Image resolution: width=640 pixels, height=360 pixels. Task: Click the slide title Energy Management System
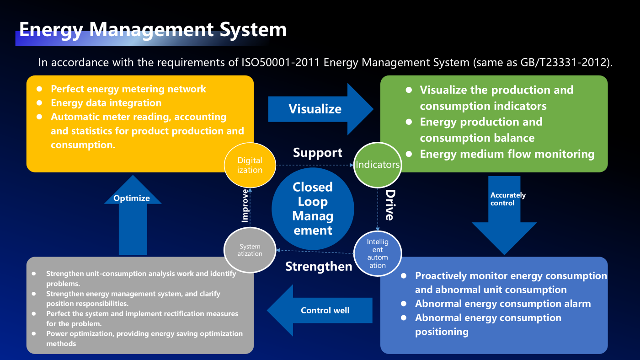153,30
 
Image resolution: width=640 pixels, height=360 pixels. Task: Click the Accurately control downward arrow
505,215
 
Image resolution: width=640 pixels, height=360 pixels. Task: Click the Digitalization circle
250,165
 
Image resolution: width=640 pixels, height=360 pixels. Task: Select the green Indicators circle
378,165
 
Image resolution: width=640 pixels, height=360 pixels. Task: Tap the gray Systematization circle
250,250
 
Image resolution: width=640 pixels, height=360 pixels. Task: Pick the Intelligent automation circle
378,254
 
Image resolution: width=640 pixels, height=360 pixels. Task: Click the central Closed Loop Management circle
313,209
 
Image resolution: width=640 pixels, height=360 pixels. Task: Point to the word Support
317,153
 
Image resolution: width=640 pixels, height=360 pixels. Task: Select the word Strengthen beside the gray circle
319,266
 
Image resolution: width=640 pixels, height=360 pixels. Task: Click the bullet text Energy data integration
106,103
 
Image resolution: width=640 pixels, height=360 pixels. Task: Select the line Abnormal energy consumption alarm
503,304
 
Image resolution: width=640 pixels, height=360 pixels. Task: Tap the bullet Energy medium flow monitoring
507,154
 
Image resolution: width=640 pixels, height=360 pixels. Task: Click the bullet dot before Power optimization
34,333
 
